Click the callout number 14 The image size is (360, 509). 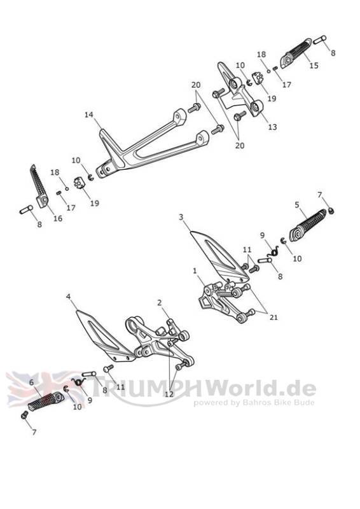pos(89,115)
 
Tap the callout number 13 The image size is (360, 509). pos(272,127)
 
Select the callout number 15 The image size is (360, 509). pos(314,66)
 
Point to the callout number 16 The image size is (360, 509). pos(58,218)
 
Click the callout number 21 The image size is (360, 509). pos(273,317)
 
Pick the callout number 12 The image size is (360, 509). pos(169,394)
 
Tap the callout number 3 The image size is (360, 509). pos(181,217)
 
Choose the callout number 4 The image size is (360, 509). pos(68,296)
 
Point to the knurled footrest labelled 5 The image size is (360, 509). pos(308,225)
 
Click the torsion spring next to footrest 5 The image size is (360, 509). pos(274,251)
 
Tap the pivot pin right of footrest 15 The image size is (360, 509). pos(320,40)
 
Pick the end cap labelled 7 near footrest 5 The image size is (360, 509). pos(331,211)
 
